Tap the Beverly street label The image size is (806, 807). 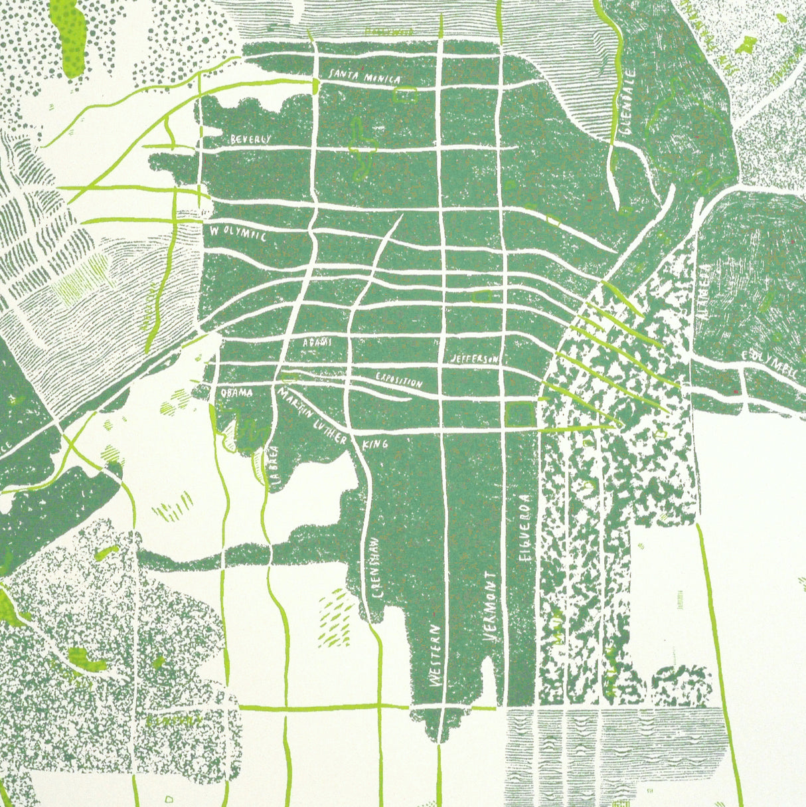tap(251, 139)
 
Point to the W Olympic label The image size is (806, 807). tap(238, 234)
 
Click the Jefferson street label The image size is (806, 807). tap(473, 359)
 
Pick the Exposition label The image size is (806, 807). tap(398, 380)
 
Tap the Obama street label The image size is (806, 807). tap(236, 393)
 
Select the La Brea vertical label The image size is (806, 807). tap(277, 468)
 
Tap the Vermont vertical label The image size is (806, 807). tap(491, 606)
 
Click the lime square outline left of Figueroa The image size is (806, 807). tap(520, 414)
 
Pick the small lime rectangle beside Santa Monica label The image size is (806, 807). tap(404, 95)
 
